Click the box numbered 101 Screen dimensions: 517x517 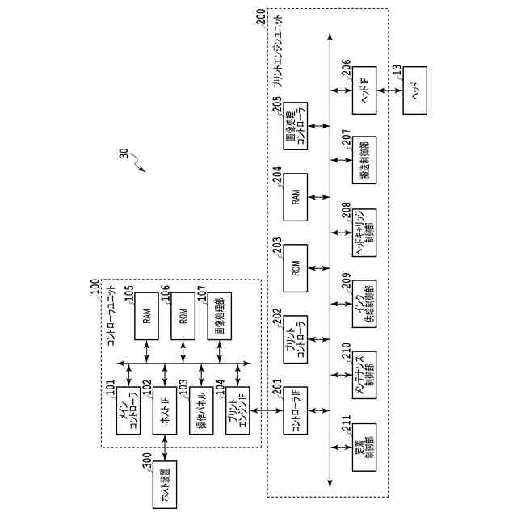click(129, 410)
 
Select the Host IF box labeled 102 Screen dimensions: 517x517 click(165, 410)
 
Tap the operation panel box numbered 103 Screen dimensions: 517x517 click(201, 410)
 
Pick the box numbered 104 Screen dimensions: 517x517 click(237, 410)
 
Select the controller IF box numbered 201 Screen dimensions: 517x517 click(295, 410)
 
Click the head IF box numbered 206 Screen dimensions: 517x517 click(364, 90)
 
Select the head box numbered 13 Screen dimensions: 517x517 click(414, 90)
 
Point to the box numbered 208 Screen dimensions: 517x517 click(364, 233)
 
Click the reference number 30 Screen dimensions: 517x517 click(124, 155)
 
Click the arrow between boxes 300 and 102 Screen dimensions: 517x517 click(165, 446)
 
